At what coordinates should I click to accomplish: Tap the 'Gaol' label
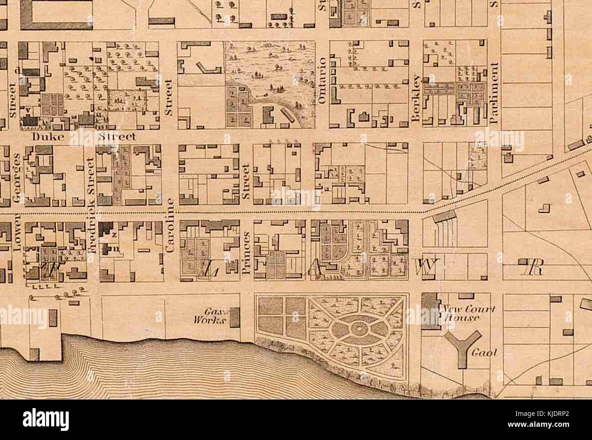coord(483,353)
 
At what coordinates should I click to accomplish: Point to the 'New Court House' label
coord(466,314)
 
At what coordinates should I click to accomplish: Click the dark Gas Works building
coord(235,317)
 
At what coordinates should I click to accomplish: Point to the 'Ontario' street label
coord(322,81)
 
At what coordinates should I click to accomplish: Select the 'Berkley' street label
coord(415,97)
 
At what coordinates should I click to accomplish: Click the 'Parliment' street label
coord(496,93)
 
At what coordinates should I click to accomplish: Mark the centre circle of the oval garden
coord(359,327)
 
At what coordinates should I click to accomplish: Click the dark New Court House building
coord(430,311)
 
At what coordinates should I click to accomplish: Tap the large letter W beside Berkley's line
coord(426,266)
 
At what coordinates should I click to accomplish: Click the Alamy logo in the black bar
coord(46,419)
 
